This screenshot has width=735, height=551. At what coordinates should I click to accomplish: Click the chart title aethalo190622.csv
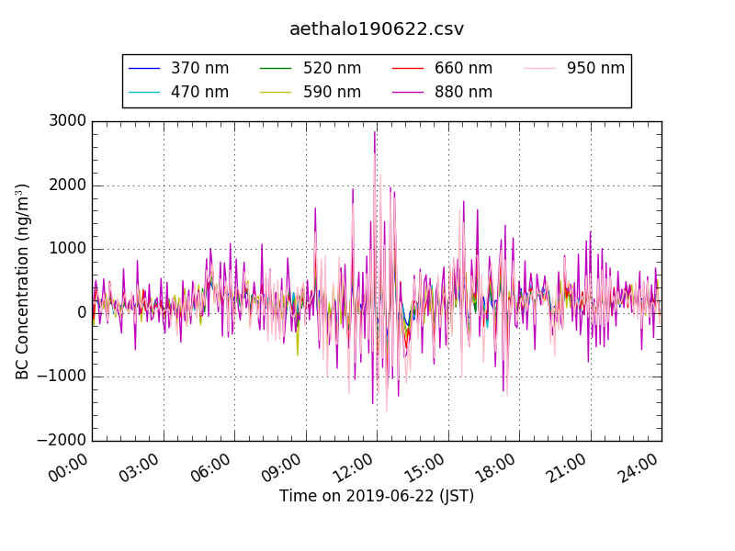click(377, 29)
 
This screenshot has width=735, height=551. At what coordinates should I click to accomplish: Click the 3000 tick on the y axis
click(69, 121)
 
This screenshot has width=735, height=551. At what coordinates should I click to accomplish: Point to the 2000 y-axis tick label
click(69, 186)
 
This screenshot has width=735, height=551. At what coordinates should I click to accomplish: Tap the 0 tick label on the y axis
click(82, 313)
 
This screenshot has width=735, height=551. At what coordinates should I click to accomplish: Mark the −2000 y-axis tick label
click(62, 441)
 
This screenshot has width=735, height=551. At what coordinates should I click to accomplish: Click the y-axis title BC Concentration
click(23, 281)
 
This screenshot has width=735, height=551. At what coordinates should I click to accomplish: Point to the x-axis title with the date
click(377, 497)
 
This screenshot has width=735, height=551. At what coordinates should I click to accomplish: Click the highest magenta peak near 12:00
click(375, 132)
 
